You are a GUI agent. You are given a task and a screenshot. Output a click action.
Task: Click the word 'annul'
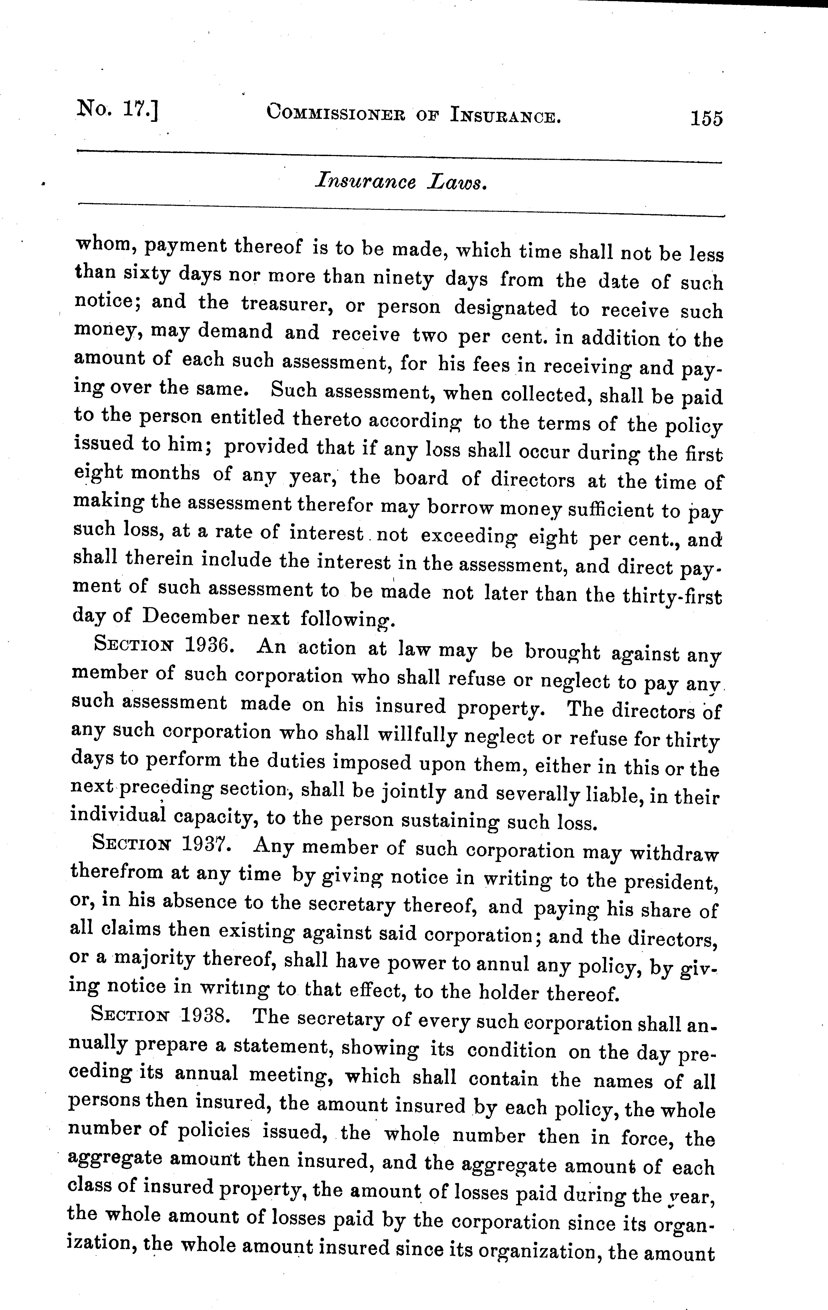pos(502,964)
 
